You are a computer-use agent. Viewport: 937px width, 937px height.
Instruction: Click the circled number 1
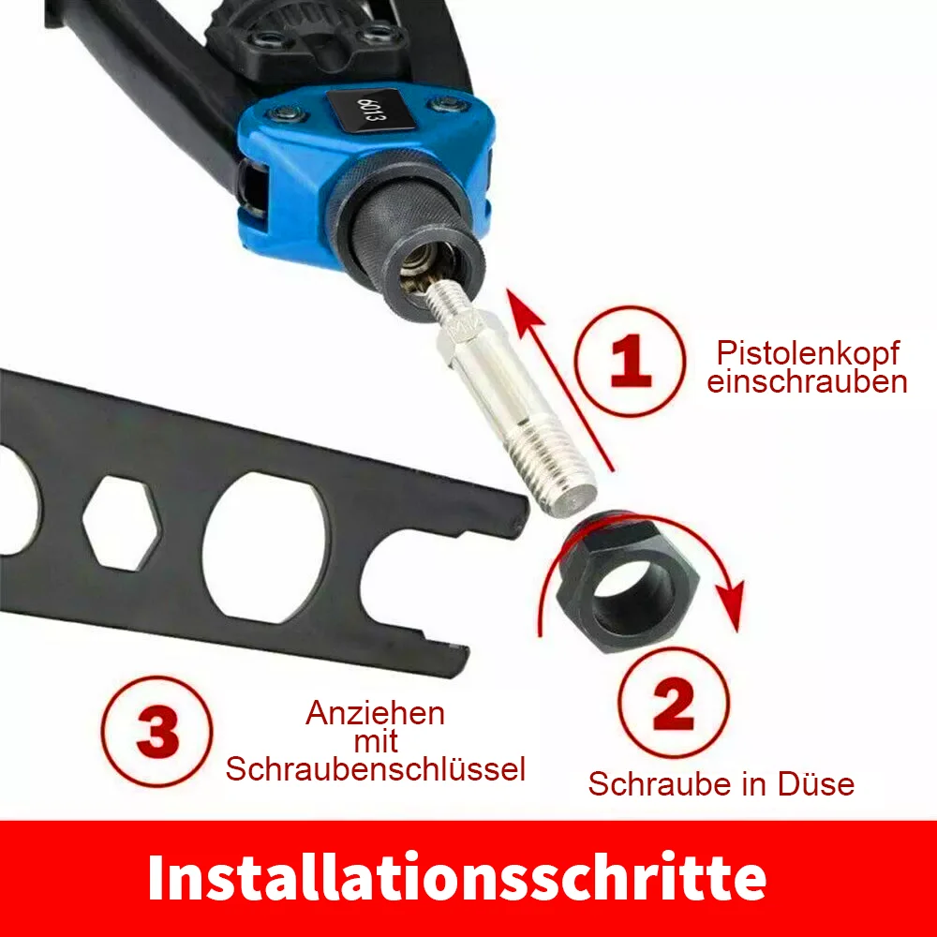pos(630,361)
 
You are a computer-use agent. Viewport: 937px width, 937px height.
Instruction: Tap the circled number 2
pos(674,703)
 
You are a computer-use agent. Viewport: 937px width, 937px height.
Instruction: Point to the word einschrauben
pos(807,381)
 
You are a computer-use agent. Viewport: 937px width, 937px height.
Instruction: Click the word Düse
pos(816,784)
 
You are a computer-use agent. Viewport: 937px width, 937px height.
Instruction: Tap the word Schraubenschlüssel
pos(376,769)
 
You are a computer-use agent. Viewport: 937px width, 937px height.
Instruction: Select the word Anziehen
pos(376,713)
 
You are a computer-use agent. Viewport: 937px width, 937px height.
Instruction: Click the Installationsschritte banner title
pos(457,877)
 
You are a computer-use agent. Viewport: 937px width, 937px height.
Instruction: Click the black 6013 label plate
pos(371,110)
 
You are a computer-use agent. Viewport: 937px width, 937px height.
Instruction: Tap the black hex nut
pos(628,584)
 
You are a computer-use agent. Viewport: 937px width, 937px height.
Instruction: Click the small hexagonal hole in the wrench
pos(122,523)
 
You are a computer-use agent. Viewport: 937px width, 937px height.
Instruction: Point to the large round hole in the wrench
pos(265,547)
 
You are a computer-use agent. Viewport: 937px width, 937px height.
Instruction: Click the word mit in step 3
pos(376,741)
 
